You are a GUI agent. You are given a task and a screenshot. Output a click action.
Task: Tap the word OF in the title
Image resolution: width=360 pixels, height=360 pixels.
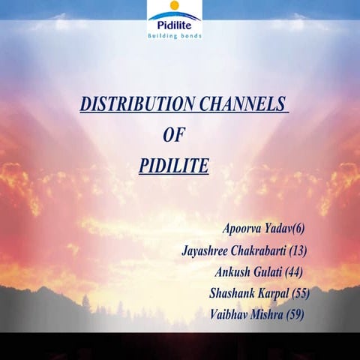[x=174, y=135]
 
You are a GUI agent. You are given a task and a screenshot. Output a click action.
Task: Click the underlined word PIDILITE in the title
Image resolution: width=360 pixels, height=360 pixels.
[x=174, y=165]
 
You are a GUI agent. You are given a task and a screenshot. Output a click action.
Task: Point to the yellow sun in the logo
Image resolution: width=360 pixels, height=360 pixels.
[x=175, y=6]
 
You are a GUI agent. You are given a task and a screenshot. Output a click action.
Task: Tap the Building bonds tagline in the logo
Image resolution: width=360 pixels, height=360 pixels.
[x=174, y=35]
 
